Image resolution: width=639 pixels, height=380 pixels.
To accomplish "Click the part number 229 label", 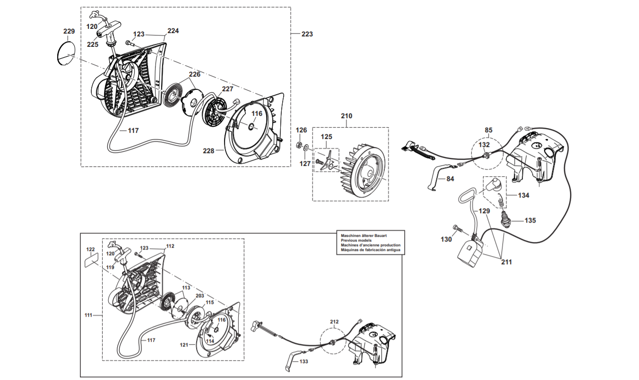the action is tap(69, 31).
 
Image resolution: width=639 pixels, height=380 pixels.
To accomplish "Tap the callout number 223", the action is tap(307, 34).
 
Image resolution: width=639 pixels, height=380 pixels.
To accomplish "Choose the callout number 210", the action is tap(346, 116).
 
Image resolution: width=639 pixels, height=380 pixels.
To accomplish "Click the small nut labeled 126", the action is tap(299, 144).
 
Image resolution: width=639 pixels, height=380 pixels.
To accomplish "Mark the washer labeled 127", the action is tap(306, 147).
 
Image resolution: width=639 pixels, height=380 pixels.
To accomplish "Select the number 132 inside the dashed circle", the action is tap(484, 145).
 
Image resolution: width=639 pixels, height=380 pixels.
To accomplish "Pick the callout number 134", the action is tap(524, 195).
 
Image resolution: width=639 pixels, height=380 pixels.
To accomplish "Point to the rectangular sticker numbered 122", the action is tap(92, 259).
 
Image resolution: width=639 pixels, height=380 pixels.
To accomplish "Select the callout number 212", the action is tap(334, 322).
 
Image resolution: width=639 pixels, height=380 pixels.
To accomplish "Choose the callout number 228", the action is tap(208, 151).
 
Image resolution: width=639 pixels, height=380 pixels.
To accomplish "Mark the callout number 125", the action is tap(326, 137).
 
